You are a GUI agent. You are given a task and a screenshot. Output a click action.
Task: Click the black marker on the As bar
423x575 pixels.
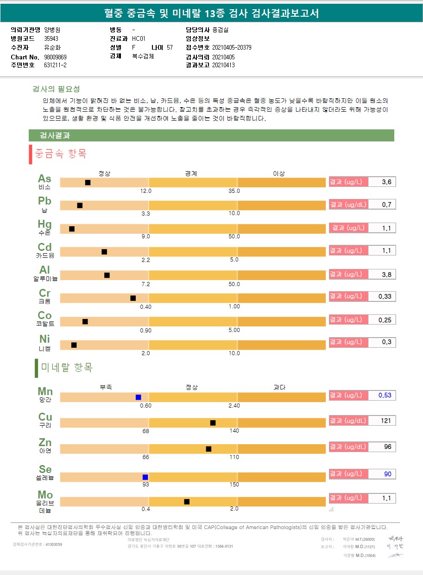88,183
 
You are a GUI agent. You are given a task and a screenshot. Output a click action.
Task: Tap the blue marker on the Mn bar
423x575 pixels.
138,397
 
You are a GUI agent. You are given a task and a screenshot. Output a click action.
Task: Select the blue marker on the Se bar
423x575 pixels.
145,477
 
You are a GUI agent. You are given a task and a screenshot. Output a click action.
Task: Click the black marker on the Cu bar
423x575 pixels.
213,423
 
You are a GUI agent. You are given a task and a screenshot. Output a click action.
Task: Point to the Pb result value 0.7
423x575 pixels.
386,205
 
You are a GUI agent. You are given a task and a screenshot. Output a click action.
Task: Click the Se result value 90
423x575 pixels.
387,474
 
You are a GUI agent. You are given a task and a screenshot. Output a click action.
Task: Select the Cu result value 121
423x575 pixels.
386,421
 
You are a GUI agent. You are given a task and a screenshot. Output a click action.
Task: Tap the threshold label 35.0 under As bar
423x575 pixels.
234,191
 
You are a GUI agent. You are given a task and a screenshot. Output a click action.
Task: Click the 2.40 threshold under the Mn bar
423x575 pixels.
234,406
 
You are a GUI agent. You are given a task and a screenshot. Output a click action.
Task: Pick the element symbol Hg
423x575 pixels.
45,224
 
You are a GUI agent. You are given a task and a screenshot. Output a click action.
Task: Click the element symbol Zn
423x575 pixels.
45,442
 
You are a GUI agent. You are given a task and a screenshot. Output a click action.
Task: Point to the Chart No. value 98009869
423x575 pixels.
56,57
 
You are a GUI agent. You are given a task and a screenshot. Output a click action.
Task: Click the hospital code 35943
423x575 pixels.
51,39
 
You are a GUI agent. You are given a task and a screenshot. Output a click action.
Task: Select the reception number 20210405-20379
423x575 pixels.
232,48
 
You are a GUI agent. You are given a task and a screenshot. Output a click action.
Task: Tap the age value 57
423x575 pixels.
170,48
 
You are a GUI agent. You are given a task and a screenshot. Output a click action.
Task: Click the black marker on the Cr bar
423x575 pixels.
133,298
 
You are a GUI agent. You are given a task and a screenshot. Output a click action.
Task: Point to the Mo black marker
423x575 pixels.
187,502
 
